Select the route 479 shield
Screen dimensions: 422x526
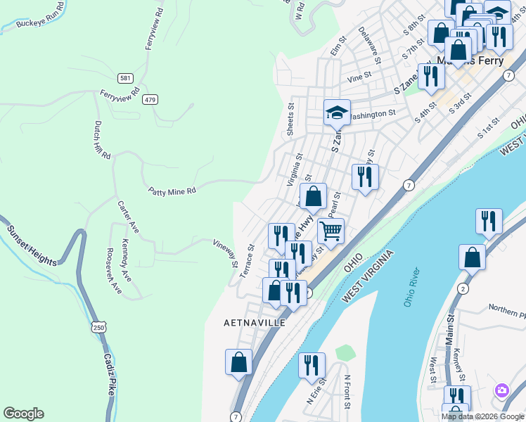click(x=149, y=100)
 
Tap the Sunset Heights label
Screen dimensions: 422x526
click(x=33, y=245)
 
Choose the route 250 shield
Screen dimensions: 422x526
click(x=99, y=327)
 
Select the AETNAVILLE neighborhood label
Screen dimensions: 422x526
click(x=255, y=323)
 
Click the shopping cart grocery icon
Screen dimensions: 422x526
click(x=331, y=229)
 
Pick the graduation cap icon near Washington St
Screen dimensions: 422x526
click(x=337, y=112)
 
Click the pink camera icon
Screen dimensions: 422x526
click(x=501, y=390)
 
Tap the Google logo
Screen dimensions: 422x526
click(x=23, y=414)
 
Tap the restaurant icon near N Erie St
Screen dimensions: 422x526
click(x=312, y=365)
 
